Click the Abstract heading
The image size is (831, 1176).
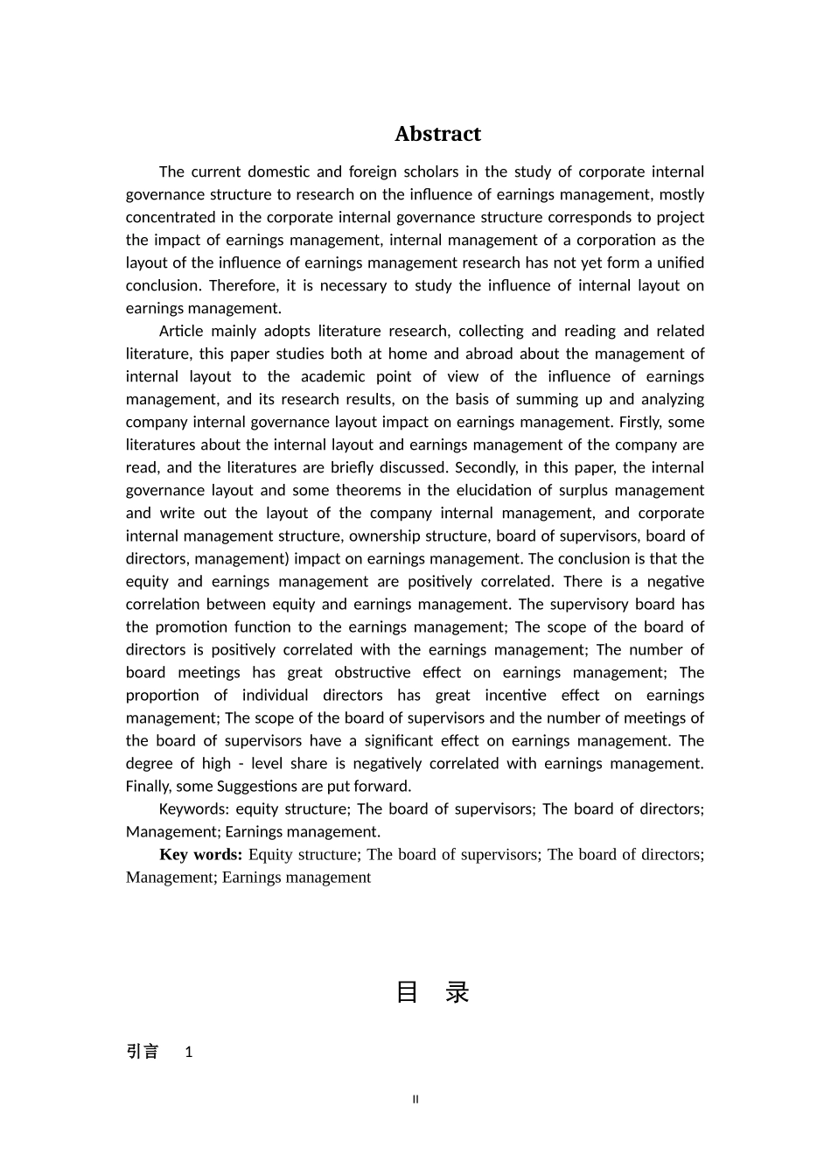pos(437,134)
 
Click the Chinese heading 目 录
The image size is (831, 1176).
pos(433,992)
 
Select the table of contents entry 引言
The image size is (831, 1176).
pos(143,1052)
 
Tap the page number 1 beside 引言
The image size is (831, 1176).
pos(189,1053)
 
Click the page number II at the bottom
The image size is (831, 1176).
pos(415,1099)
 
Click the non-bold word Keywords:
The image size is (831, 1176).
pos(193,809)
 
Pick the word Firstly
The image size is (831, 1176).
pos(641,423)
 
